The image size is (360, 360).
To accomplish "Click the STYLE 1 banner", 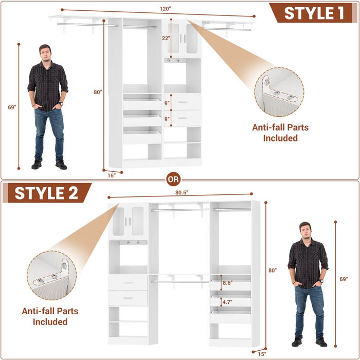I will pos(314,13).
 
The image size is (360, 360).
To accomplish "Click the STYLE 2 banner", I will pos(46,193).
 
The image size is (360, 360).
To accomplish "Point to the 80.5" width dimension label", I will pos(181,192).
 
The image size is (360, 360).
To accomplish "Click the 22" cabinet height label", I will pos(165,39).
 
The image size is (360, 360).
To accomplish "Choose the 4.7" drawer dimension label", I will pos(227,302).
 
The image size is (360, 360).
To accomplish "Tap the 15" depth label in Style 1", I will pos(112,174).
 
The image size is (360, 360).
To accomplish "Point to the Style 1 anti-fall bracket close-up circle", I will pos(278,92).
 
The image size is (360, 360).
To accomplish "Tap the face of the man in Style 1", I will pos(45,53).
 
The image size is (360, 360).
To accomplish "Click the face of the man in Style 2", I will pos(305,231).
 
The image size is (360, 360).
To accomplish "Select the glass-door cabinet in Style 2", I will pos(128,221).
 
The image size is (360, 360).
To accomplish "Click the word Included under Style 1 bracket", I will pos(280,138).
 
